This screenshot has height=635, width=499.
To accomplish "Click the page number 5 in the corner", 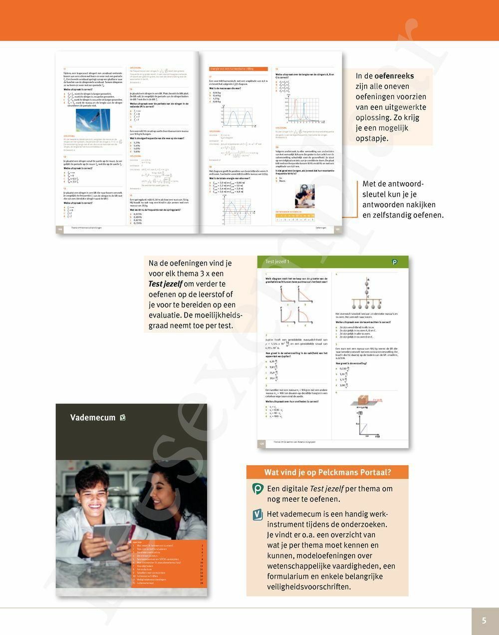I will (484, 621).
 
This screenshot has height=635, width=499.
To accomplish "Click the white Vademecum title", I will (93, 418).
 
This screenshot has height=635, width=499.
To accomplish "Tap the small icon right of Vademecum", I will (123, 418).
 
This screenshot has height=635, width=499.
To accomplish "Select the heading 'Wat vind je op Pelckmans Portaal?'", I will (327, 472).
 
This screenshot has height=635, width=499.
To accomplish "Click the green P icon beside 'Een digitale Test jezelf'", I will (257, 489).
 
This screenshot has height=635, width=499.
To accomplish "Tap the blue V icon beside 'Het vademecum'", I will (257, 515).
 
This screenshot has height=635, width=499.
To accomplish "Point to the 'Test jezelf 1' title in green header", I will (277, 262).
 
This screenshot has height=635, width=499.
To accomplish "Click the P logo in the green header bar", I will (395, 262).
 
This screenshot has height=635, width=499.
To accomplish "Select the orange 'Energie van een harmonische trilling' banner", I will (239, 69).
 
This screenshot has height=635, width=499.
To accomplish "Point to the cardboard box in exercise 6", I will (366, 400).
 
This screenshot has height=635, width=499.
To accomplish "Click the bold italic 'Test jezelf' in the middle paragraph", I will (165, 284).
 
